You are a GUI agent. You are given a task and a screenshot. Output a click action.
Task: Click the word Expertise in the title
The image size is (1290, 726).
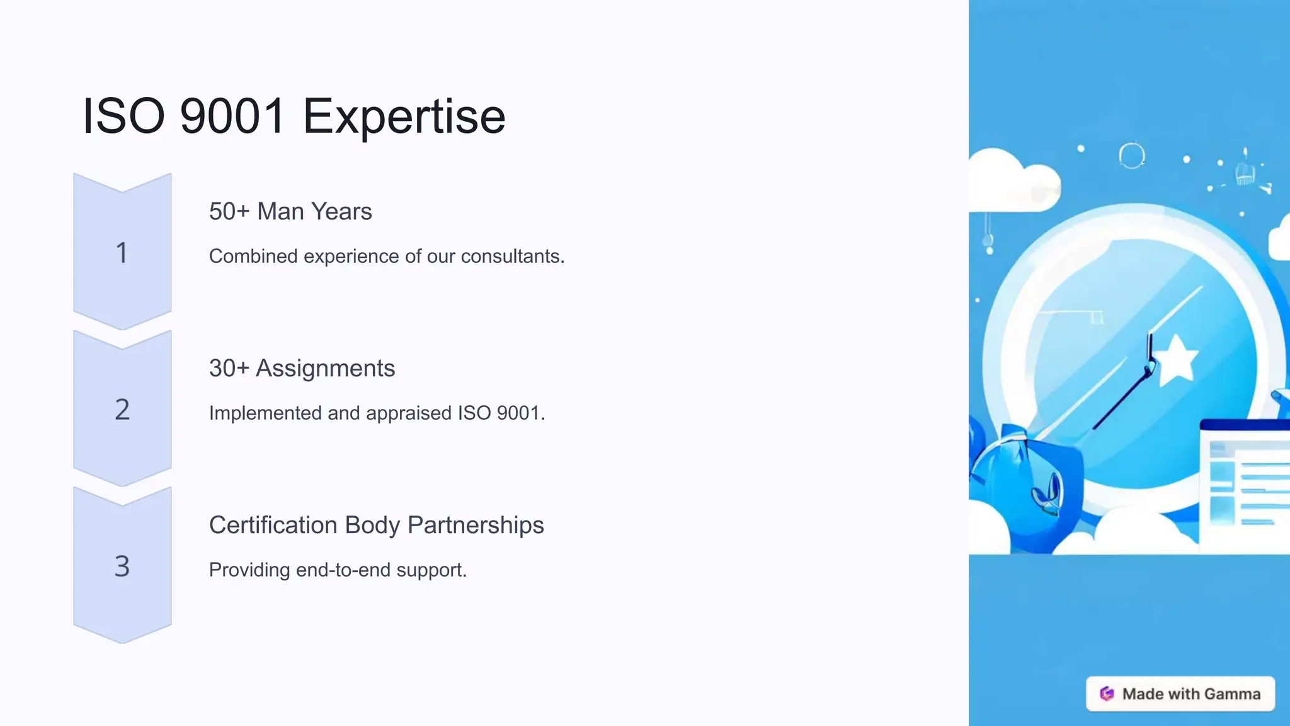pos(404,117)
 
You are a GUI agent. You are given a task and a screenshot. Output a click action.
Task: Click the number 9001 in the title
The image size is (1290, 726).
pos(232,117)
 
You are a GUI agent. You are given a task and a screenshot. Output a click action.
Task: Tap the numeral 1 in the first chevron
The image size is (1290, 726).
pos(122,253)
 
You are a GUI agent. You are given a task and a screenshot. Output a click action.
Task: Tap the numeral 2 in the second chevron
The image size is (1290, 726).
pos(122,410)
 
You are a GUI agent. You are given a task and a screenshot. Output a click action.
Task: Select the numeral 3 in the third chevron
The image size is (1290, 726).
pos(122,566)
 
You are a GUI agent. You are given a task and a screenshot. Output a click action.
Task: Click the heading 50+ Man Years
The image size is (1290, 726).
pos(290,211)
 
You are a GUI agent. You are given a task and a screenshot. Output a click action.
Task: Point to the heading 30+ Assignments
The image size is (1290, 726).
pos(302,368)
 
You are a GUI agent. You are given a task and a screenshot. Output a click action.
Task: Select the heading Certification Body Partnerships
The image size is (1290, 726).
pos(376,525)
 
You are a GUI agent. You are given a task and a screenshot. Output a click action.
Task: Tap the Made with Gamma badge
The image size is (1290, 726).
pos(1180,694)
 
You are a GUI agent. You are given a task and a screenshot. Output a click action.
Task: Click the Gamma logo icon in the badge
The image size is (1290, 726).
pos(1107,694)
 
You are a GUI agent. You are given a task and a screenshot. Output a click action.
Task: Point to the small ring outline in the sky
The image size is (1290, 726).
pos(1131,155)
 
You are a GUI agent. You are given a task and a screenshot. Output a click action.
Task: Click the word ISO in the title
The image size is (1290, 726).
pos(123,117)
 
